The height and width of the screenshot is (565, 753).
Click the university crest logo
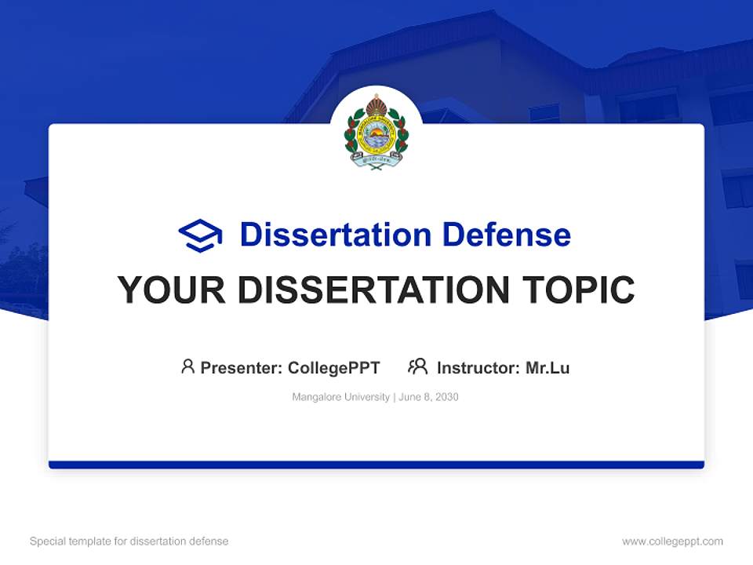tap(376, 132)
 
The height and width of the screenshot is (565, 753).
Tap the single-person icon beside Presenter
tap(187, 366)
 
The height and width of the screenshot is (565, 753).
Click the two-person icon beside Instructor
tap(417, 366)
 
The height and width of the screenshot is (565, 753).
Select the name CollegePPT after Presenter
tap(333, 367)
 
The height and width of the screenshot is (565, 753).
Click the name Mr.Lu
tap(547, 367)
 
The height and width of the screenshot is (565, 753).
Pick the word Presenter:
tap(242, 367)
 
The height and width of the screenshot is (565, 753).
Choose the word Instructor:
tap(478, 367)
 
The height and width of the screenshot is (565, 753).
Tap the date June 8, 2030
tap(428, 397)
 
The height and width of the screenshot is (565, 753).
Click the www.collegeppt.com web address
tap(672, 541)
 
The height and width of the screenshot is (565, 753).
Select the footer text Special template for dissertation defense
tap(129, 541)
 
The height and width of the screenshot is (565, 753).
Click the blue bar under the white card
tap(376, 465)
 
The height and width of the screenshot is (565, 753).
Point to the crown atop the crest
tap(376, 104)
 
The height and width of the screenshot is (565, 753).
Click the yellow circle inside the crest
tap(376, 136)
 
